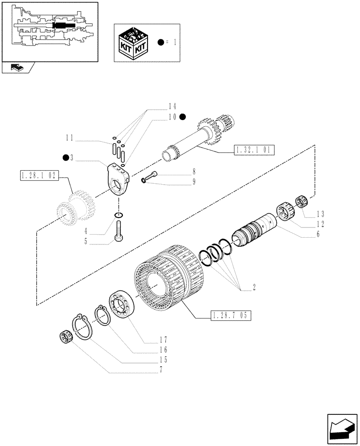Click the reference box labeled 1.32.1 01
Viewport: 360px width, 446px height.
pyautogui.click(x=254, y=149)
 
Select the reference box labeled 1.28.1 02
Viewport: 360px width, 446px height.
pyautogui.click(x=40, y=176)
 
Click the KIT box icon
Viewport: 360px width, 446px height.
pyautogui.click(x=133, y=43)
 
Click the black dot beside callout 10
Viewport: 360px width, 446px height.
pyautogui.click(x=183, y=116)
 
